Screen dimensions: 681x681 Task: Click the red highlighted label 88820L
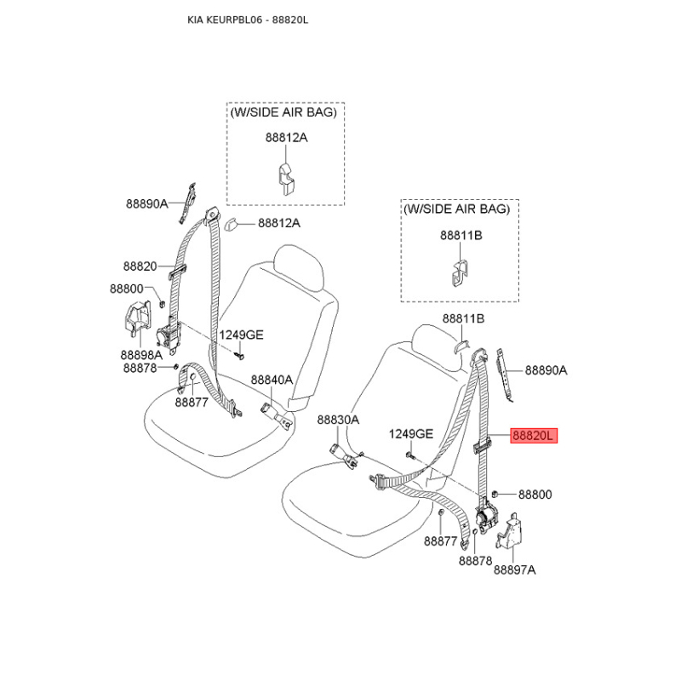click(x=533, y=436)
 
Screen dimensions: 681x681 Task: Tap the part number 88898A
click(x=141, y=355)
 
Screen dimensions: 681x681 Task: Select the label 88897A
click(x=515, y=569)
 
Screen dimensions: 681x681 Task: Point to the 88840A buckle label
click(x=272, y=380)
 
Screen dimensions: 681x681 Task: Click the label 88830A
click(x=338, y=420)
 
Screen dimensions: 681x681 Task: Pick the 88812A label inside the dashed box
click(x=285, y=137)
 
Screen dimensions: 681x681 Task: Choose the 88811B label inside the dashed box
click(x=461, y=234)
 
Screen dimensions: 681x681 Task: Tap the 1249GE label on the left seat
click(x=241, y=335)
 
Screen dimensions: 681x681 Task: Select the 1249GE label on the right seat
click(x=411, y=434)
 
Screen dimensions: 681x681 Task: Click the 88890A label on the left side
click(x=147, y=203)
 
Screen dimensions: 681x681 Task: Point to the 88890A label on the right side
click(x=546, y=370)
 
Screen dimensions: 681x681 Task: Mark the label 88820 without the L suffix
click(x=140, y=266)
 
